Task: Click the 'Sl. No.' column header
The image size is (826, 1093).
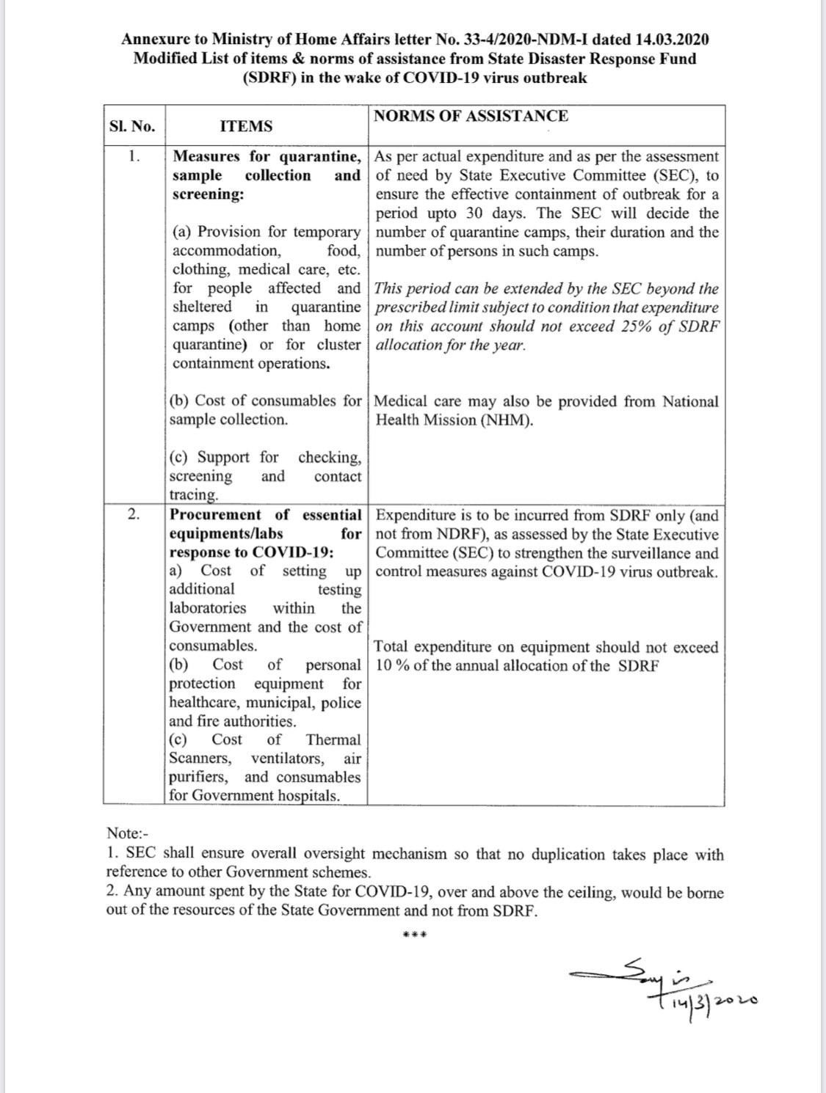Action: (132, 126)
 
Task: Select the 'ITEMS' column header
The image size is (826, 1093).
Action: (246, 126)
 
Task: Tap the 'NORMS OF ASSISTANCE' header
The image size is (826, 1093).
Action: (471, 116)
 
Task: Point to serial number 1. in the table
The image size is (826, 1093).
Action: (133, 156)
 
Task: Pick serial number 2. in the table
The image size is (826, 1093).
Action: (133, 514)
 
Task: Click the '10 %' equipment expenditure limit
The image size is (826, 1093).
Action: (392, 666)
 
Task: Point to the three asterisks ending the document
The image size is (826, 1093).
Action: (416, 935)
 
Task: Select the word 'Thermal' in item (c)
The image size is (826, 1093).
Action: (333, 740)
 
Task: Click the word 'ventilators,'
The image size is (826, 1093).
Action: (288, 758)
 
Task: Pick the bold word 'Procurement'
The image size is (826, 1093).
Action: (215, 515)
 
